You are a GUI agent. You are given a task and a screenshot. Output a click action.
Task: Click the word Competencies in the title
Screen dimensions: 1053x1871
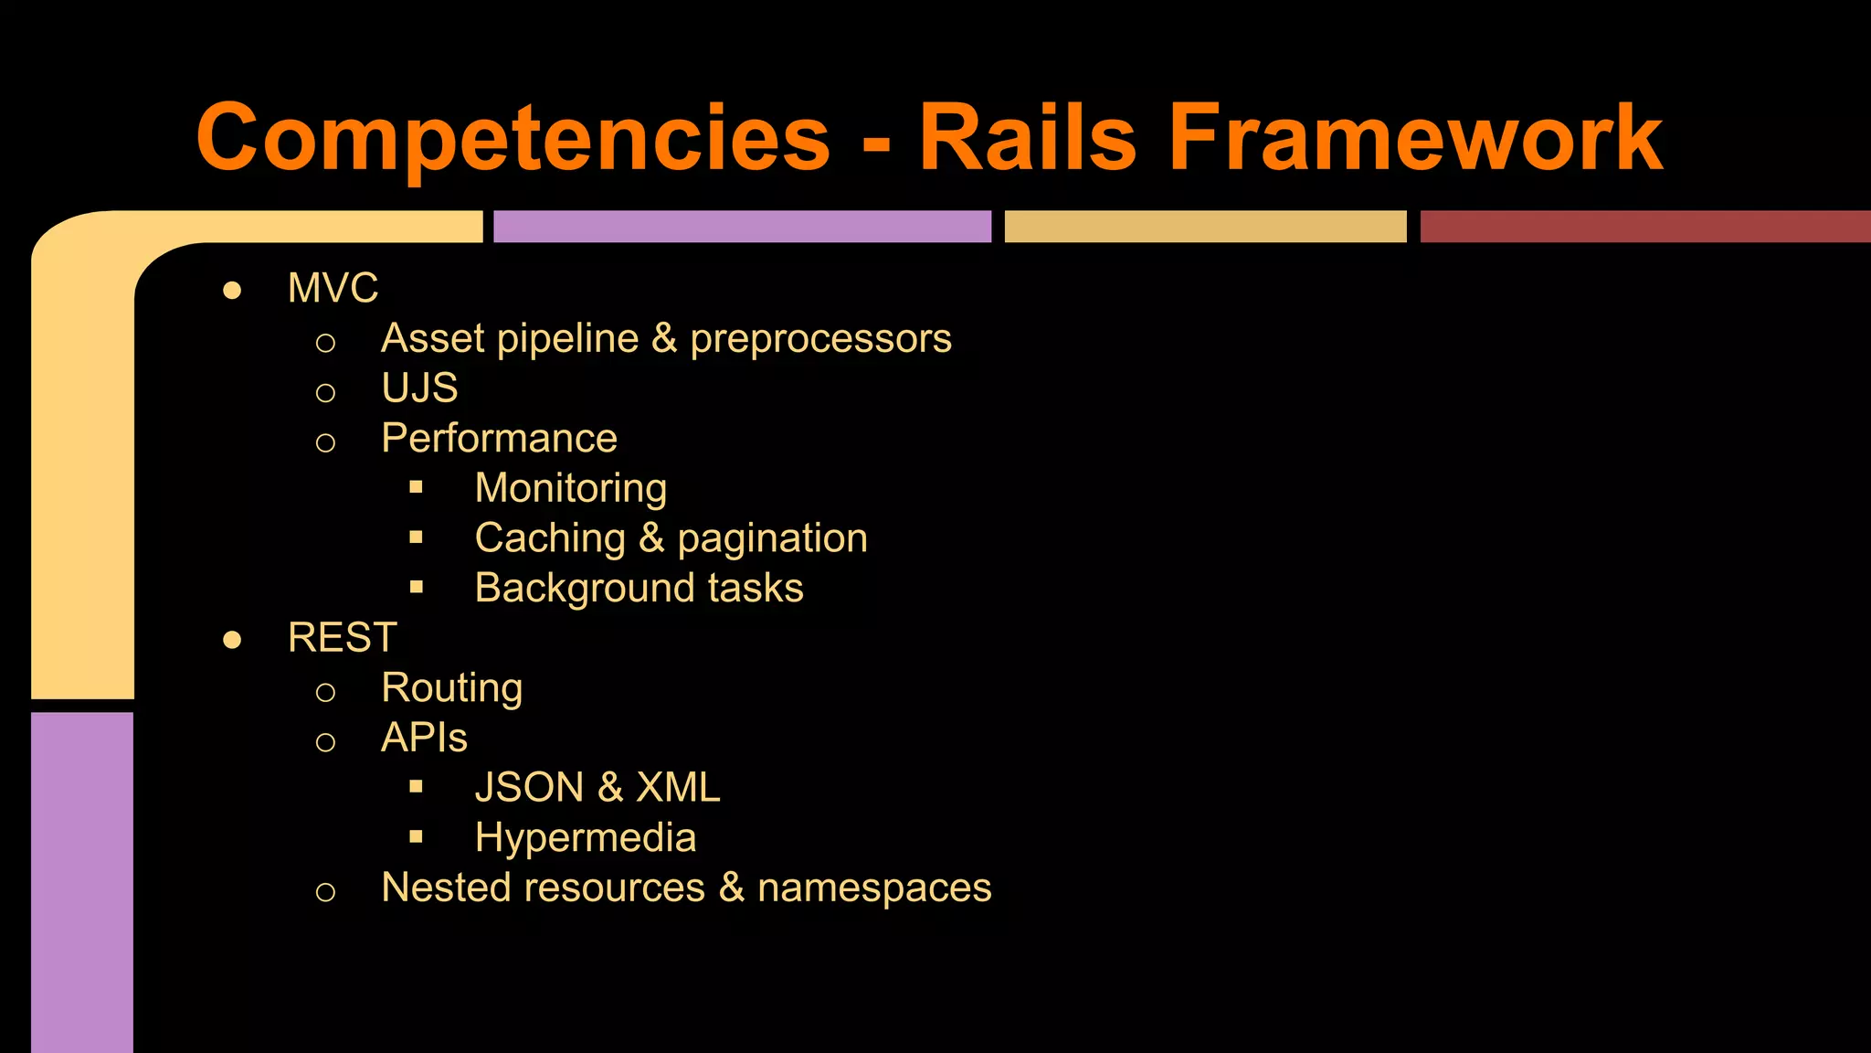513,139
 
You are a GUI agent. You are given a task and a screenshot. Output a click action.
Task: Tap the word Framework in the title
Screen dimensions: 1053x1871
1415,139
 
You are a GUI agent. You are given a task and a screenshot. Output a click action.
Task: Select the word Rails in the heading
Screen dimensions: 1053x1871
1027,139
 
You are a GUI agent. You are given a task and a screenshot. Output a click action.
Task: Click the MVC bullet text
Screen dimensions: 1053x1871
333,289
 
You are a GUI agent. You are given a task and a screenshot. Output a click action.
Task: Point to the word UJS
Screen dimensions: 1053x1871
419,388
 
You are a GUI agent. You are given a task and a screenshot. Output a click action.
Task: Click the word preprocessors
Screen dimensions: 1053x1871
820,339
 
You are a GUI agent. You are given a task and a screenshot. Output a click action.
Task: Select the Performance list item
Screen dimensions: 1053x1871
499,439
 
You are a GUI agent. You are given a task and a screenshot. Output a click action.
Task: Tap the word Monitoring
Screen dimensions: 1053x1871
571,488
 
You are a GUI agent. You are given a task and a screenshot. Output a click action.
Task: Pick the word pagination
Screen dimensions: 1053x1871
772,538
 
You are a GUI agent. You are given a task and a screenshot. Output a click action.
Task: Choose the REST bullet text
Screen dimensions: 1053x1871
342,638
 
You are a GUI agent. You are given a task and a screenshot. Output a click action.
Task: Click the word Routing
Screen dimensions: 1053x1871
451,688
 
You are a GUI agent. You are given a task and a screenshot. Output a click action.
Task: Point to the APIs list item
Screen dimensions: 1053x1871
424,738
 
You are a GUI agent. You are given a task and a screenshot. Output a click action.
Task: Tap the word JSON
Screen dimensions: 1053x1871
529,788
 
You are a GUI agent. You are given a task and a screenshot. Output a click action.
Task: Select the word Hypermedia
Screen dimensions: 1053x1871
586,838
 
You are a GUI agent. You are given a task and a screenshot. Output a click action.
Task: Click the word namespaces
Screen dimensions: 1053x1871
874,888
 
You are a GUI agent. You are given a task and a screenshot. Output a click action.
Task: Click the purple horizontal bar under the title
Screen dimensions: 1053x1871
742,227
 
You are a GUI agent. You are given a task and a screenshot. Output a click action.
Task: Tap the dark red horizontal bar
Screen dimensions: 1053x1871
1644,227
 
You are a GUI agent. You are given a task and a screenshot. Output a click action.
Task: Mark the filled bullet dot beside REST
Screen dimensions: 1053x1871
232,640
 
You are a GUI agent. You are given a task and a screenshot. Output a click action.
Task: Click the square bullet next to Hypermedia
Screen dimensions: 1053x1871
417,836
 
